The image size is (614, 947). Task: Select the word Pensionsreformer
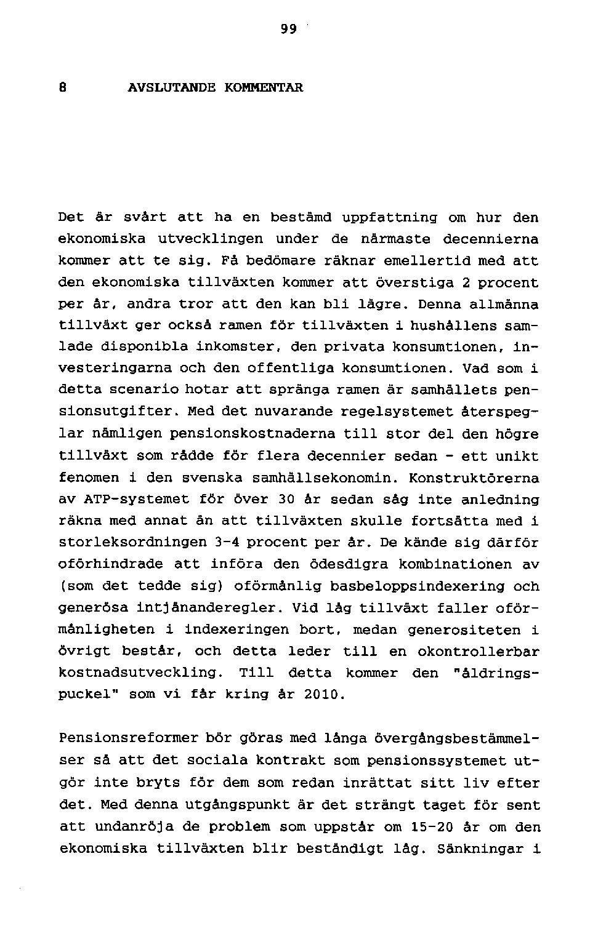[121, 738]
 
